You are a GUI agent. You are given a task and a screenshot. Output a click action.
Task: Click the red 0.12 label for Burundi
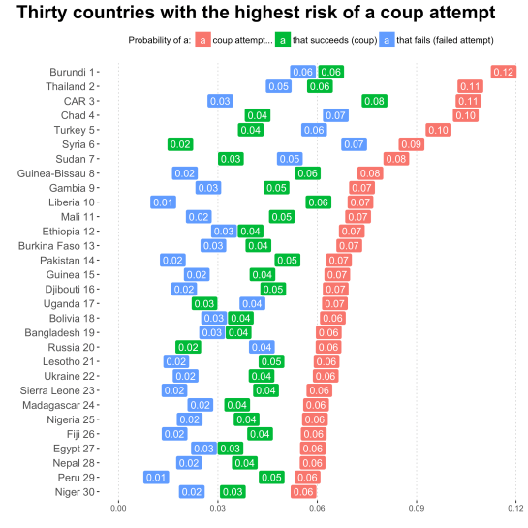[x=503, y=72]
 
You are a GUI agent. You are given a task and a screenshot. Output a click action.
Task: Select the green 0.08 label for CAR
[x=374, y=101]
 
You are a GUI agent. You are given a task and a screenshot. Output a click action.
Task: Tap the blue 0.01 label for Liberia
[x=163, y=202]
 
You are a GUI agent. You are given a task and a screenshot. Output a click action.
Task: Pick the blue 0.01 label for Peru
[x=156, y=478]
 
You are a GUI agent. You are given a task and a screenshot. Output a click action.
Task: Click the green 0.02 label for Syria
[x=180, y=144]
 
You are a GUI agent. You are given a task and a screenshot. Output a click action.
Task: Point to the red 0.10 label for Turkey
[x=438, y=130]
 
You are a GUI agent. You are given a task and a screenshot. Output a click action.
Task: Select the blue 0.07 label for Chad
[x=335, y=115]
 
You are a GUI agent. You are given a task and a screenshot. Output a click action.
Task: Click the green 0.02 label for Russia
[x=188, y=347]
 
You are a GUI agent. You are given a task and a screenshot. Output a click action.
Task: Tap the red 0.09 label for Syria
[x=411, y=144]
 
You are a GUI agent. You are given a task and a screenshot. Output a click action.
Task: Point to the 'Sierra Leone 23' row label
[x=55, y=390]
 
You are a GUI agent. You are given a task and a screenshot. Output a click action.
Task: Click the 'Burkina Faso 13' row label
[x=56, y=246]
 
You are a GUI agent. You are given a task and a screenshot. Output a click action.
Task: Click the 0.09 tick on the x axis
[x=417, y=507]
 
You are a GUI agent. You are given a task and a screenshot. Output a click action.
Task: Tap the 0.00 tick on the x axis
[x=118, y=507]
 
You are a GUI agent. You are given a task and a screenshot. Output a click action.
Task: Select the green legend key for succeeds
[x=282, y=40]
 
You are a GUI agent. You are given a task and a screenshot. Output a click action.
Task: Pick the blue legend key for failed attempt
[x=388, y=40]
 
